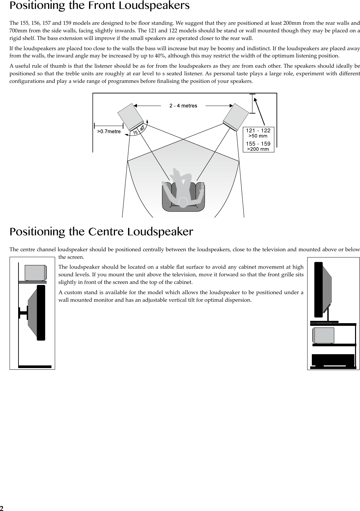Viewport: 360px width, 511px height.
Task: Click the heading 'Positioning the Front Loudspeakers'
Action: tap(100, 6)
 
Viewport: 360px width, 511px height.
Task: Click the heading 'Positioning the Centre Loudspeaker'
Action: tap(101, 232)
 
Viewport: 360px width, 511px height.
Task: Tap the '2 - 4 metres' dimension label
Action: tap(183, 106)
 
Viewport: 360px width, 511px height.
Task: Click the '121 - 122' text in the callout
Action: tap(258, 131)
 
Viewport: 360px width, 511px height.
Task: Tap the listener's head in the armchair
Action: tap(183, 202)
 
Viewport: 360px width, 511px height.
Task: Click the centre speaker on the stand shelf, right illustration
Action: tap(323, 335)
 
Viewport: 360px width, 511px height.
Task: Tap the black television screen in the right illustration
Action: tap(318, 289)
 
